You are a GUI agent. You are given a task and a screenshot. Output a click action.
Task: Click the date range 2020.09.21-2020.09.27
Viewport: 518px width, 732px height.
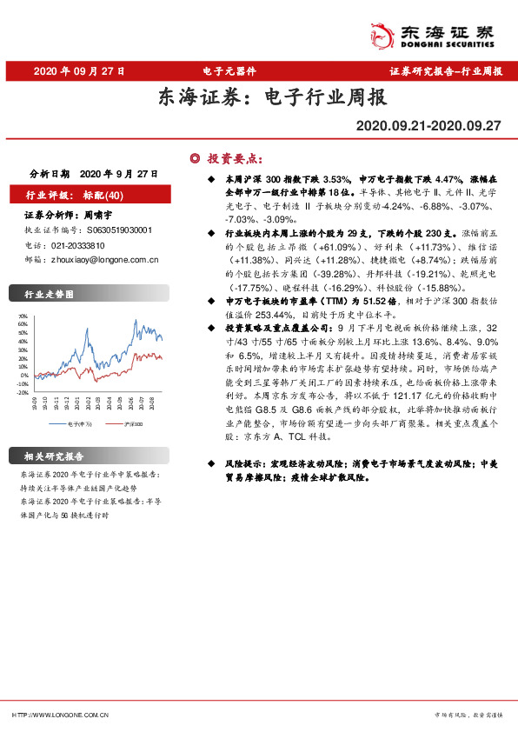click(428, 126)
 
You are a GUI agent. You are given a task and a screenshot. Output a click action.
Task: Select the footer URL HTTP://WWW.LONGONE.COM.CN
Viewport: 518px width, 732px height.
click(59, 714)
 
